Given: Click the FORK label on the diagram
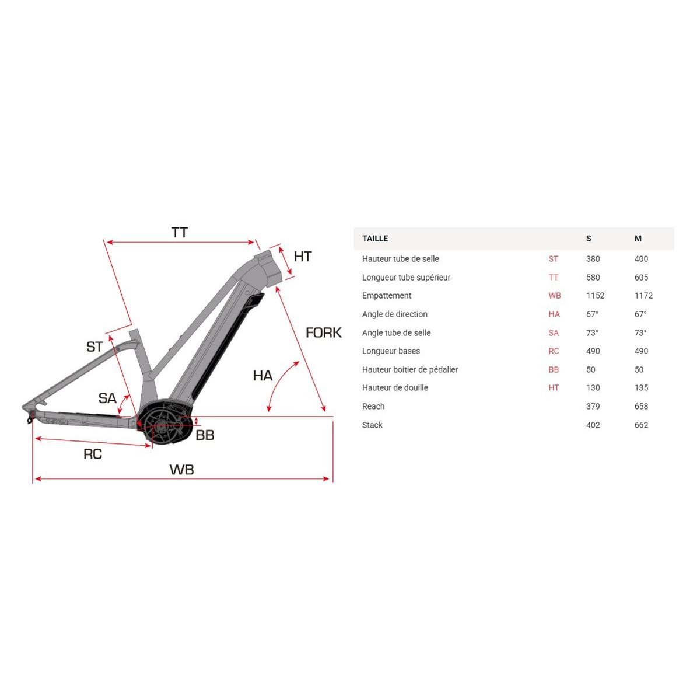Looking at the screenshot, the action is coord(323,332).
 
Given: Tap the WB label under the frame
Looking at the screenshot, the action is coord(181,470).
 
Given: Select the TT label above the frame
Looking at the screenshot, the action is coord(180,233).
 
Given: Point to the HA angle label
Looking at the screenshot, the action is coord(262,376).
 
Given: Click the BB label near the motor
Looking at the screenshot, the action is coord(205,435).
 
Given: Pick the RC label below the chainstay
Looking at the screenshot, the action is coord(93,454).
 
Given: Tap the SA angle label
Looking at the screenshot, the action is coord(107,398).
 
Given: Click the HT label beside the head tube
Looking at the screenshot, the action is coord(303,257).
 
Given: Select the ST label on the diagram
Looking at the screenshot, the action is coord(95,346).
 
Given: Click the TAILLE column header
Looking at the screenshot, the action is coord(375,239).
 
